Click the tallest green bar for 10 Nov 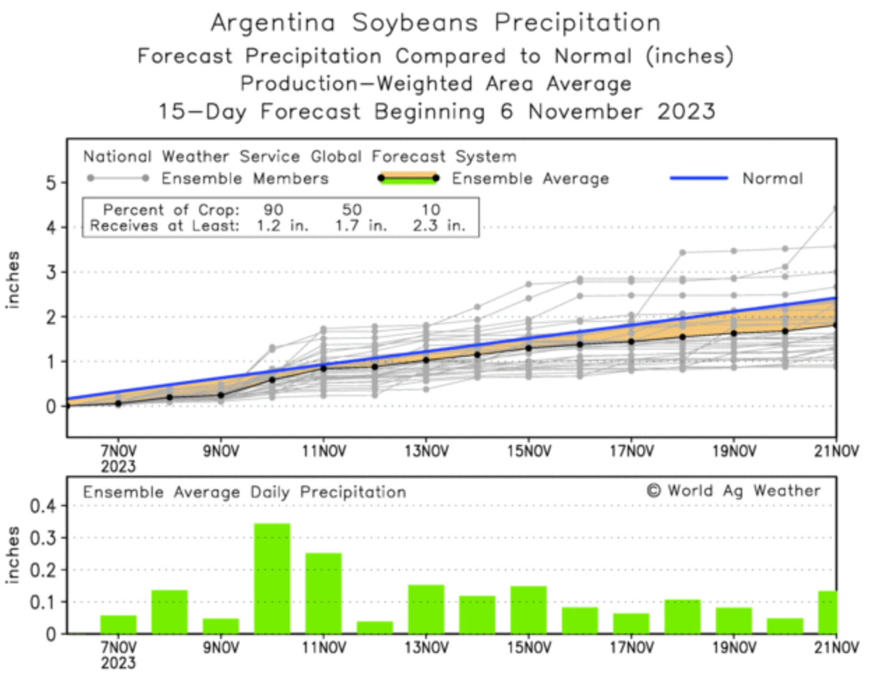click(272, 578)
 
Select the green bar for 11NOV click(323, 593)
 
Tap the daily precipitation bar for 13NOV click(426, 609)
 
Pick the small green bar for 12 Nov click(375, 627)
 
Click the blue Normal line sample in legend click(699, 178)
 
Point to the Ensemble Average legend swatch click(408, 179)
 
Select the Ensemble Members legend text click(244, 179)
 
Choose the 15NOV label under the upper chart click(529, 452)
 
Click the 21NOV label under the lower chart click(836, 648)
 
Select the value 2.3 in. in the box click(439, 226)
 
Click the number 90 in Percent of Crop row click(273, 210)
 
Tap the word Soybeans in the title click(415, 23)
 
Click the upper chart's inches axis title click(13, 279)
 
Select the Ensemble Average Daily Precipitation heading click(244, 492)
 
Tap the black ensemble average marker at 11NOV click(323, 367)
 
